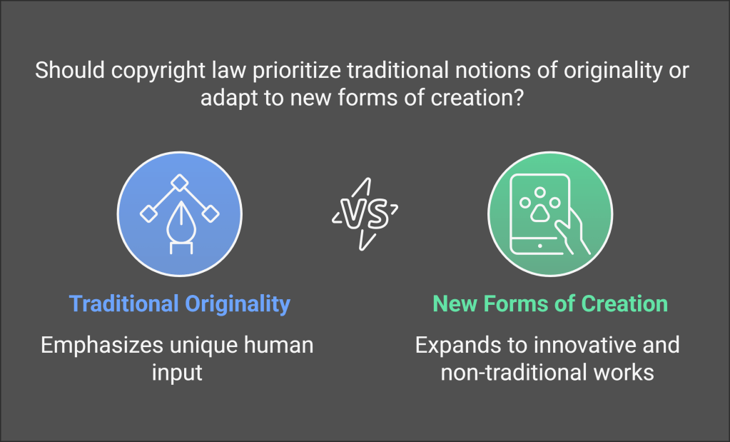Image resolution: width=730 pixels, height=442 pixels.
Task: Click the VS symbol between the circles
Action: [365, 214]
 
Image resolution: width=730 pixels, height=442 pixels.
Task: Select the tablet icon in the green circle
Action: [540, 214]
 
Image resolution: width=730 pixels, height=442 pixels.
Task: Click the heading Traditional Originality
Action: [180, 303]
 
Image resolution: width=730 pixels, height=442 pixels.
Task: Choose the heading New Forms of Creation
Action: [550, 303]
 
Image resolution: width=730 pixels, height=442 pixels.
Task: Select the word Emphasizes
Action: [102, 346]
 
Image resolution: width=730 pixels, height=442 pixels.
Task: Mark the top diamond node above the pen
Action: [180, 183]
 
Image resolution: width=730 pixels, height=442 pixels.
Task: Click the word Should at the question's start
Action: [70, 71]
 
